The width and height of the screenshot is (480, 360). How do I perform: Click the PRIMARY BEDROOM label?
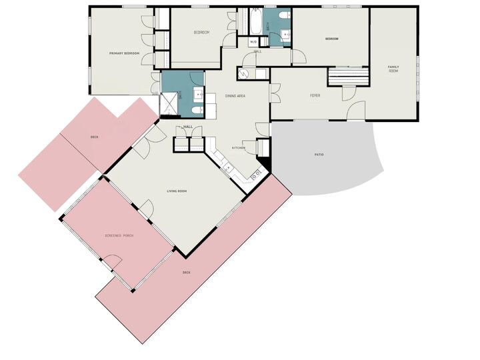[125, 53]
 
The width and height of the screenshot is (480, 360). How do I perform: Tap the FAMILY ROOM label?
[393, 67]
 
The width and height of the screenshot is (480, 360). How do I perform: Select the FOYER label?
[315, 95]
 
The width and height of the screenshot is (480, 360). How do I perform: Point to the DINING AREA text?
[235, 96]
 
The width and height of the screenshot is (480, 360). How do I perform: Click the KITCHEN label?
[238, 147]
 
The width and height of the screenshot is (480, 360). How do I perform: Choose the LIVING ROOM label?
[177, 191]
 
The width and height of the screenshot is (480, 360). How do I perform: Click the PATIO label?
[319, 155]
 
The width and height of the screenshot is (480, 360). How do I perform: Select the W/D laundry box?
[253, 42]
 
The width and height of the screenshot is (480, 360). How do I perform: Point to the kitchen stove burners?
[255, 175]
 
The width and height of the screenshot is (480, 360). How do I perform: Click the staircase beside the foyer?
[347, 77]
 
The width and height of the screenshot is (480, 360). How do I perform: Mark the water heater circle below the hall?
[243, 73]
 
